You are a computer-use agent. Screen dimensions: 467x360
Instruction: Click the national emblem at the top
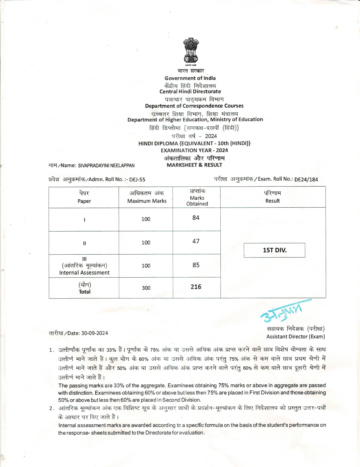(x=190, y=51)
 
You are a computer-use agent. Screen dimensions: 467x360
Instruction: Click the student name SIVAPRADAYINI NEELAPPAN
(x=106, y=165)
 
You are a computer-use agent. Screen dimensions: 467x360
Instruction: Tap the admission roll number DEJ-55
(x=137, y=179)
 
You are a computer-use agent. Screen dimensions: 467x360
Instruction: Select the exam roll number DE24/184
(x=306, y=179)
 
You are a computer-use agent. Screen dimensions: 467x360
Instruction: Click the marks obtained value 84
(x=196, y=218)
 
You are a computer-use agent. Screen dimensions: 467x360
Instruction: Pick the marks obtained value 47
(x=196, y=241)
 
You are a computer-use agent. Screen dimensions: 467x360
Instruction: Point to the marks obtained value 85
(x=196, y=265)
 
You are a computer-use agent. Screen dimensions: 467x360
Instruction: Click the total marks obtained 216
(x=196, y=287)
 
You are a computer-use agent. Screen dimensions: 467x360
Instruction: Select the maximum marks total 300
(x=146, y=288)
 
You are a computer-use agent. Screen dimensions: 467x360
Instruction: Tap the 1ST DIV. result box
(x=274, y=250)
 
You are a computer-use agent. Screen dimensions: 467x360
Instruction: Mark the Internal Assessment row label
(x=84, y=273)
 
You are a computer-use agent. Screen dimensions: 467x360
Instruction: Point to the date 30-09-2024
(x=95, y=333)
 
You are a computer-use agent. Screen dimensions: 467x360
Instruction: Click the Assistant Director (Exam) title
(x=296, y=337)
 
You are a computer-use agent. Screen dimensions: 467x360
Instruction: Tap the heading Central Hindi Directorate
(x=190, y=92)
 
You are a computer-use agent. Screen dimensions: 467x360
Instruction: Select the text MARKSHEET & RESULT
(x=194, y=165)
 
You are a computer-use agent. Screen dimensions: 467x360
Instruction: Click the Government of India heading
(x=190, y=78)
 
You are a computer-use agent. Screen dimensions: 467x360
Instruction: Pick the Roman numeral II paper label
(x=84, y=243)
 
